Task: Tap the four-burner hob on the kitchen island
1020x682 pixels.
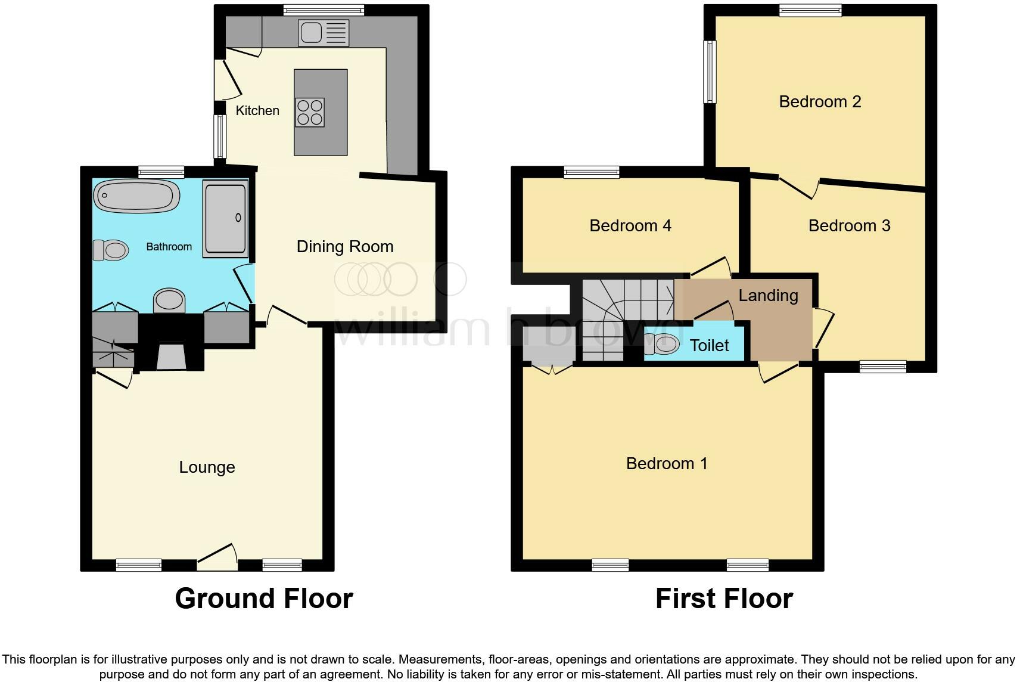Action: tap(310, 112)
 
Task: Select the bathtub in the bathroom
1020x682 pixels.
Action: tap(136, 195)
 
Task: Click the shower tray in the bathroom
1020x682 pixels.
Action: tap(225, 219)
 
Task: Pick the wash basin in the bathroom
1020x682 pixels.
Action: tap(169, 300)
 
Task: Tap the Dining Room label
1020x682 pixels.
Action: tap(345, 247)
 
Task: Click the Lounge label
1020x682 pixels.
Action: tap(207, 467)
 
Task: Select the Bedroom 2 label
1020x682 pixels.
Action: tap(820, 102)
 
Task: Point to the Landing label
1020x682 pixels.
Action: tap(768, 296)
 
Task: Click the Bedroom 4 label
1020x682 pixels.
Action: tap(630, 226)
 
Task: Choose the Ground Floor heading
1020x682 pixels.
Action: tap(264, 599)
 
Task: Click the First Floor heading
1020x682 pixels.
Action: tap(724, 599)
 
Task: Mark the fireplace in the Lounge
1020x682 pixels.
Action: tap(171, 356)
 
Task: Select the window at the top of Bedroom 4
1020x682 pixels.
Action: tap(592, 173)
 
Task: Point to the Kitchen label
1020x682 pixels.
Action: tap(257, 111)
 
